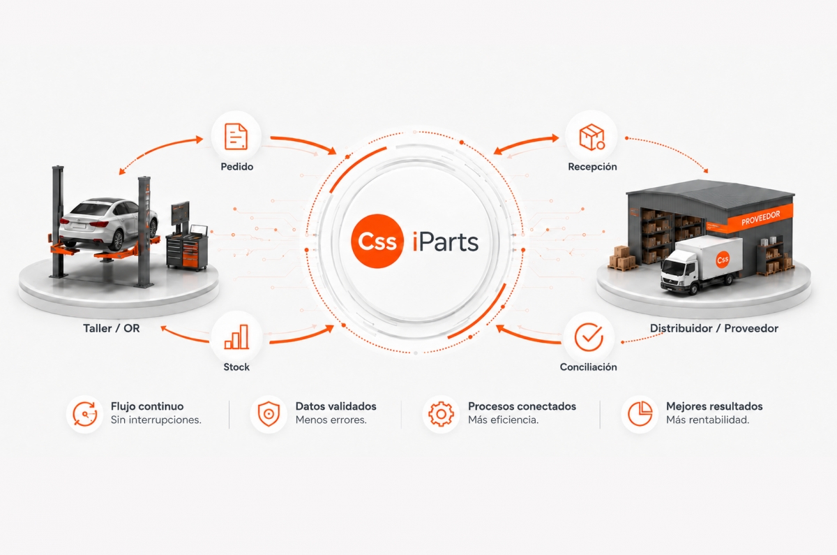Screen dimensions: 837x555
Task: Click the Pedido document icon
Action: [x=236, y=137]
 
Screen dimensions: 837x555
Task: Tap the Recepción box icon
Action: [x=591, y=138]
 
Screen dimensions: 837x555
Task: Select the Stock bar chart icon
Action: [x=236, y=337]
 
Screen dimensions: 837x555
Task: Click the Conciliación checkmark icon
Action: [x=589, y=337]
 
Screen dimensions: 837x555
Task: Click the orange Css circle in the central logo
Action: [x=377, y=242]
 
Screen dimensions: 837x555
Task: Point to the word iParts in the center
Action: [x=446, y=242]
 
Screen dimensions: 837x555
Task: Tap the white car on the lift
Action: [x=108, y=223]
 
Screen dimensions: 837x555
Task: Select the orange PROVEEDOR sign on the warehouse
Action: [x=760, y=218]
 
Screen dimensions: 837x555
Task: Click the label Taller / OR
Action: [x=112, y=328]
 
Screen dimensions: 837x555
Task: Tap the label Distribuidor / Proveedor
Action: [x=714, y=328]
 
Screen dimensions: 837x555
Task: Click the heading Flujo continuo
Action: [x=147, y=406]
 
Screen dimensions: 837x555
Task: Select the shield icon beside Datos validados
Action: [x=269, y=415]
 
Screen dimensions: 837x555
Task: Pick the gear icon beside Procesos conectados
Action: [x=441, y=414]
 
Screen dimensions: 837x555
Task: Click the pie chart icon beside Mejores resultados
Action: [x=640, y=414]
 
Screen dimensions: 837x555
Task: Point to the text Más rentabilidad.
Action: [x=708, y=420]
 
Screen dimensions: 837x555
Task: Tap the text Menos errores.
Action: [x=331, y=420]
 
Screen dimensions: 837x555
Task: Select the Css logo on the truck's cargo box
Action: [x=723, y=260]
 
